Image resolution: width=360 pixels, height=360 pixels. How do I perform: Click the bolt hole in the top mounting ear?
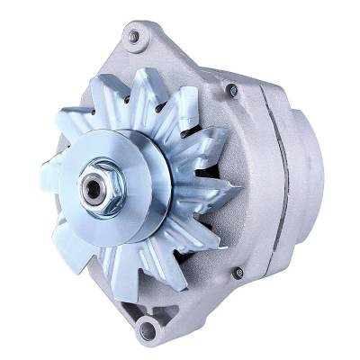134,37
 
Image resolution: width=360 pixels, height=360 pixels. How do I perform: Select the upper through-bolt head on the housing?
232,90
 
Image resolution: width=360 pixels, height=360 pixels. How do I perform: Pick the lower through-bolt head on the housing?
238,273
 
